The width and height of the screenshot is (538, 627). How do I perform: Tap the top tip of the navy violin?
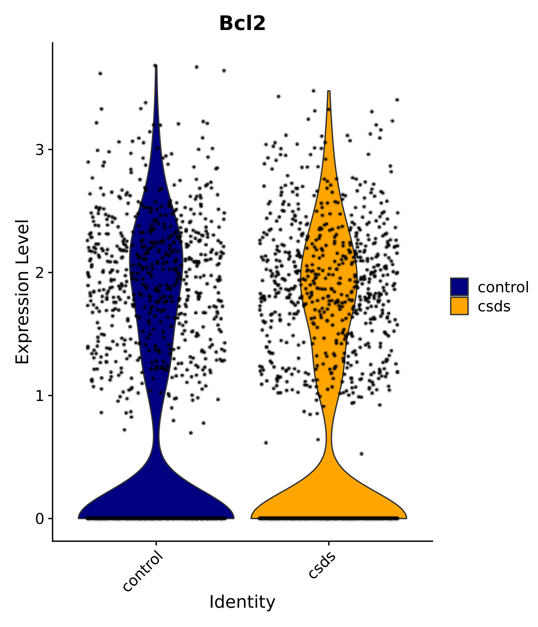tap(156, 66)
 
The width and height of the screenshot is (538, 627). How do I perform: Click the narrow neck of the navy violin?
tap(156, 436)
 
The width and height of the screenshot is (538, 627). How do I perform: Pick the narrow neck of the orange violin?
tap(329, 437)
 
